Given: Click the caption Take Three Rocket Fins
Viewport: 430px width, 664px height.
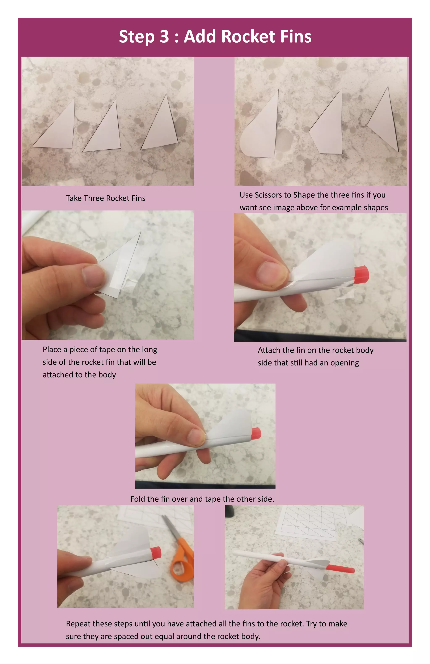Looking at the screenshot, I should (106, 198).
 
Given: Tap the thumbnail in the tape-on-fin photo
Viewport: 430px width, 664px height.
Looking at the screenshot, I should (93, 277).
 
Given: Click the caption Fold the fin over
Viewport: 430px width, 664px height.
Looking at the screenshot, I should (202, 499).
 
